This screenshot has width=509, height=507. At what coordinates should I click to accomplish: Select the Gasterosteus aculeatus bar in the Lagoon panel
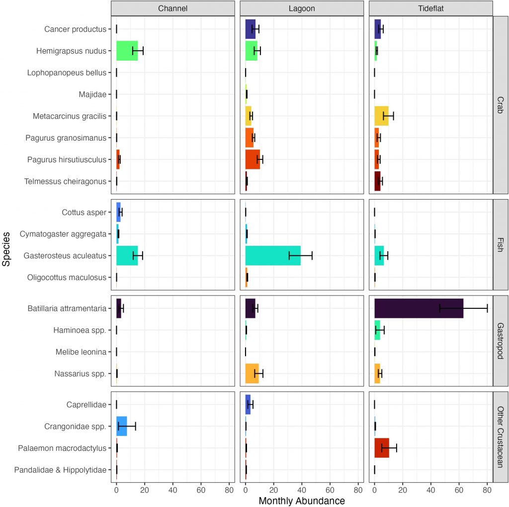(x=273, y=255)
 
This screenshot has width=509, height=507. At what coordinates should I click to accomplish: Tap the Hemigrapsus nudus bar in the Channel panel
(x=127, y=51)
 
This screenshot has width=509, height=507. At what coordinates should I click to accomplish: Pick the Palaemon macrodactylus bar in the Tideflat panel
(x=381, y=448)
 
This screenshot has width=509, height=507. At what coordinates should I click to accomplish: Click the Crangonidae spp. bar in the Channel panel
(x=121, y=426)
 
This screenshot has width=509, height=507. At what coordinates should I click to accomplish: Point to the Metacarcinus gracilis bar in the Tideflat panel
(x=381, y=116)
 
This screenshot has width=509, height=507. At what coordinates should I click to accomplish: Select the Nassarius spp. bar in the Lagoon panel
(x=252, y=373)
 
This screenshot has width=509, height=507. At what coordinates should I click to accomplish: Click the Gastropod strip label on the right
(x=500, y=340)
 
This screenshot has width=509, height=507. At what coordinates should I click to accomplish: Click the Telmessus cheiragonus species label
(x=65, y=181)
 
